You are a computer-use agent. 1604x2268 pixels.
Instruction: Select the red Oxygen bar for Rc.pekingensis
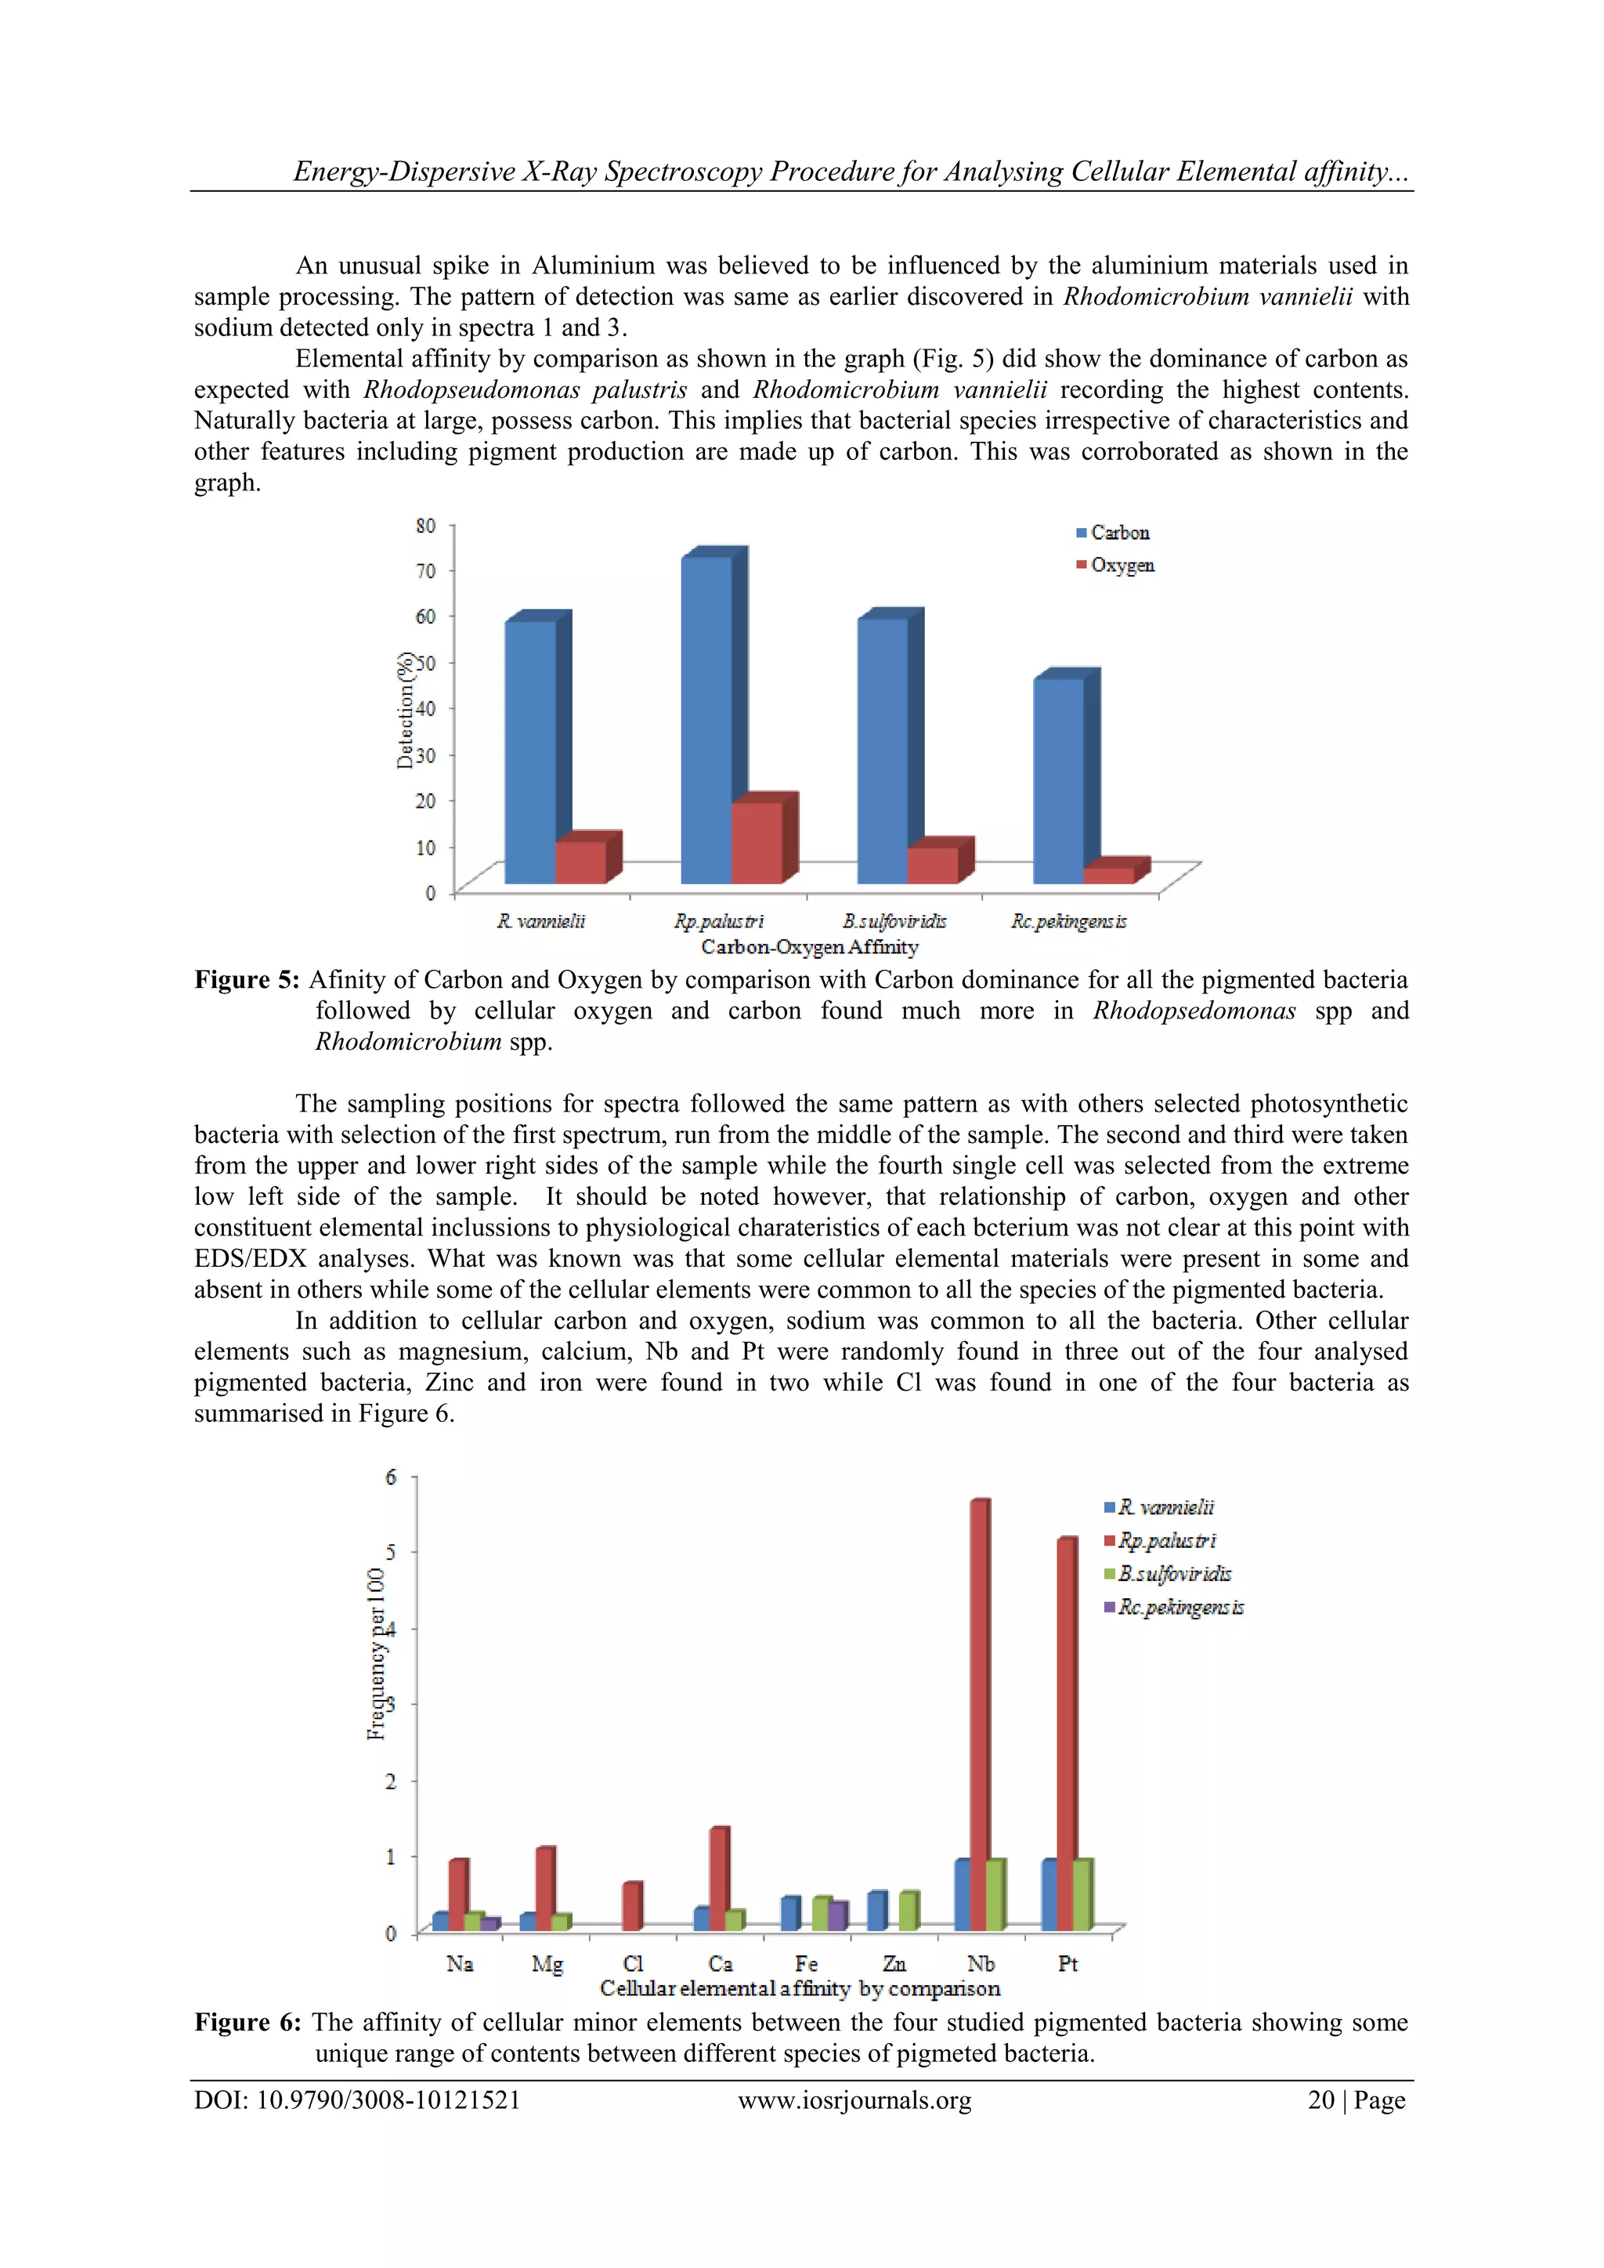point(1108,875)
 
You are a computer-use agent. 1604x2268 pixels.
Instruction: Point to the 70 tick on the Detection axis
point(426,571)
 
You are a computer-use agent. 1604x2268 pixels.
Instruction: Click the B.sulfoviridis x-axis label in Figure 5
point(894,921)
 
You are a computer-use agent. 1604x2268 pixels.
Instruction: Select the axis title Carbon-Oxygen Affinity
point(809,947)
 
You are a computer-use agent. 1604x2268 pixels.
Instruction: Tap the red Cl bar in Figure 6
point(631,1908)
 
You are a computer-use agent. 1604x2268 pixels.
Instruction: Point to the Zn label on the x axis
point(894,1964)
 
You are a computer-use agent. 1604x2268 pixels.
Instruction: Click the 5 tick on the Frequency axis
point(391,1552)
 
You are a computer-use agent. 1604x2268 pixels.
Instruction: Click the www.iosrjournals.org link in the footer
point(854,2100)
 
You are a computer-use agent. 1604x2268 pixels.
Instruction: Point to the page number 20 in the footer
point(1321,2100)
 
